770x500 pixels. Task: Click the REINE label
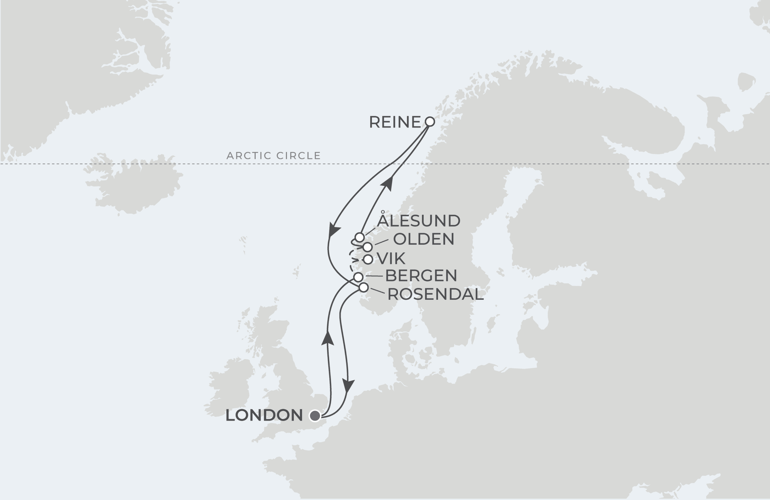pos(395,122)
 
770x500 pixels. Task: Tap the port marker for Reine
pos(430,122)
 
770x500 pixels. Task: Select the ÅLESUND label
pos(418,221)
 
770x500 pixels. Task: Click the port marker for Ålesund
pos(359,237)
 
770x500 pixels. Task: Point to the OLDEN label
pos(423,239)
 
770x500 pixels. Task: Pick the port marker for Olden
pos(367,247)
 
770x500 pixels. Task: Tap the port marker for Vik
pos(368,259)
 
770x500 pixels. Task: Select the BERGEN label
pos(421,275)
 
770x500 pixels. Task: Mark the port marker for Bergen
pos(358,277)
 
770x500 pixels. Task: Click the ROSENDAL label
pos(436,294)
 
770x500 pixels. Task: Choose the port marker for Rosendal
pos(364,287)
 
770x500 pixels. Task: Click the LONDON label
pos(264,415)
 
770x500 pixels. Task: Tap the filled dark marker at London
pos(315,415)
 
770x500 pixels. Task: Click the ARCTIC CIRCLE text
pos(273,156)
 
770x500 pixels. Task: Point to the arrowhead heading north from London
pos(328,338)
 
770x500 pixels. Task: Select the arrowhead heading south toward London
pos(348,386)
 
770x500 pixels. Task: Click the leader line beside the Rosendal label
pos(377,290)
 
